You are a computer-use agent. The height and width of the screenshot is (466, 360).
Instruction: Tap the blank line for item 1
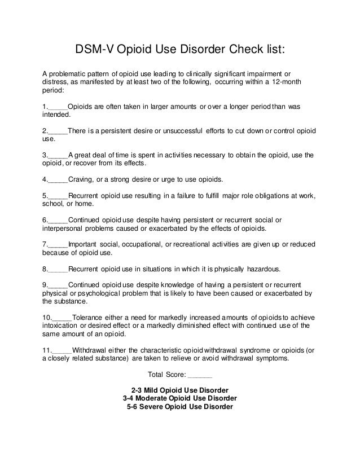click(x=58, y=107)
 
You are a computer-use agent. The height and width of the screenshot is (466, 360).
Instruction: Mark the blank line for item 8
click(x=58, y=269)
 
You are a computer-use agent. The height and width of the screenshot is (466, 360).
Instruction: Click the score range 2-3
click(x=136, y=390)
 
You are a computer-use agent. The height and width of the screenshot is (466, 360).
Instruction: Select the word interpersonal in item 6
click(x=65, y=228)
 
